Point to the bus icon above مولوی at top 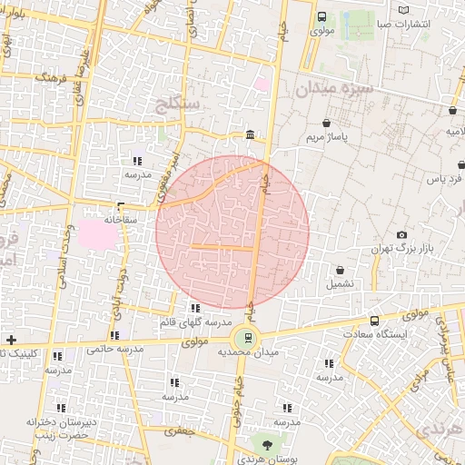click(x=322, y=15)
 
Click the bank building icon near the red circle click(x=250, y=136)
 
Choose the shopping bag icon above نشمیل click(x=340, y=270)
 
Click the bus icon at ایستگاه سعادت click(x=374, y=321)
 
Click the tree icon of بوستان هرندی click(x=267, y=445)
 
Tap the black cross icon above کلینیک click(x=10, y=339)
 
